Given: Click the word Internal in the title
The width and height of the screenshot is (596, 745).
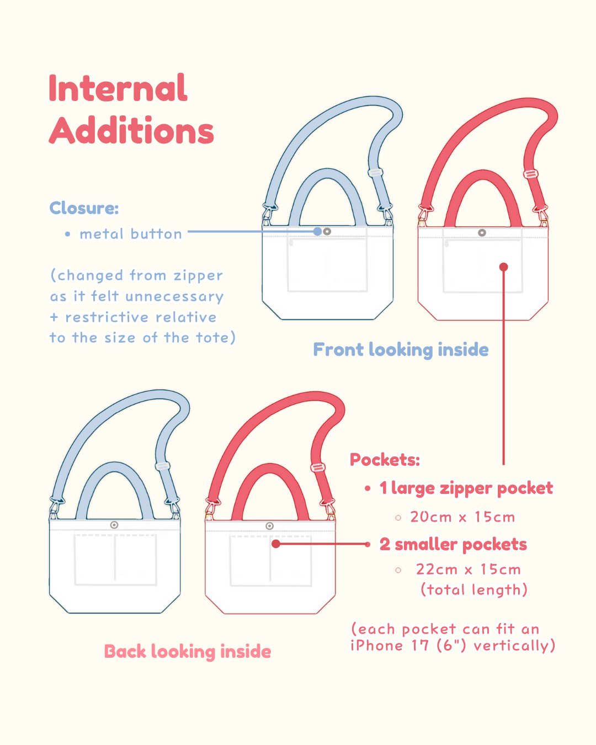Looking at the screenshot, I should (118, 88).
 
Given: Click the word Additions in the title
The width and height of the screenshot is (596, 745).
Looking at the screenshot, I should (131, 131).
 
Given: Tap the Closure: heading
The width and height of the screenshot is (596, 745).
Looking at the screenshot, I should (84, 208).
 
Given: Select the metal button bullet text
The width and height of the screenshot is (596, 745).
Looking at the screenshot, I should (131, 234).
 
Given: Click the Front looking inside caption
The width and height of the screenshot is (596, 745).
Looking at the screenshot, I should (401, 350).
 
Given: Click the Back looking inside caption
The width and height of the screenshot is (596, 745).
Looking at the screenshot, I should (188, 652).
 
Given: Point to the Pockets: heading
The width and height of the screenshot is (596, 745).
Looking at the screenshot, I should (385, 460).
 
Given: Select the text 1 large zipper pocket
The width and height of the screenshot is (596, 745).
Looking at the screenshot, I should (466, 488).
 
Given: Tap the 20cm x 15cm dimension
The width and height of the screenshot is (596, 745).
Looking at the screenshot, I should (462, 517).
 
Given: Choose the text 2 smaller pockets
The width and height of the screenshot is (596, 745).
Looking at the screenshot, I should (453, 545).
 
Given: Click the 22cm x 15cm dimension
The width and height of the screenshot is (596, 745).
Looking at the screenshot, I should (468, 570).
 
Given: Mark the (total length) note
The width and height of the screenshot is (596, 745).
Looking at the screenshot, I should (474, 590).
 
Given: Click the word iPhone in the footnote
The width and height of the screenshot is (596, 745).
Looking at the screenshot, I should (377, 646).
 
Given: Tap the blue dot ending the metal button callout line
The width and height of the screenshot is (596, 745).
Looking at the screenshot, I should (317, 232).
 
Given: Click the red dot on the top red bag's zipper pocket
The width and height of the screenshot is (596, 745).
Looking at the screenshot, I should (503, 267).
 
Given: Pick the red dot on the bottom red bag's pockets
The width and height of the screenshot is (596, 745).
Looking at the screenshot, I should (276, 544).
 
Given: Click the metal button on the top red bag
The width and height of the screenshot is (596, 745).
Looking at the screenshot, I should (482, 233).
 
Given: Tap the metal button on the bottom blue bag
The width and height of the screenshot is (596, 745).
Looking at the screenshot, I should (114, 525).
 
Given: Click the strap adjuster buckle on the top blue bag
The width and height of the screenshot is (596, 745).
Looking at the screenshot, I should (376, 173).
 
